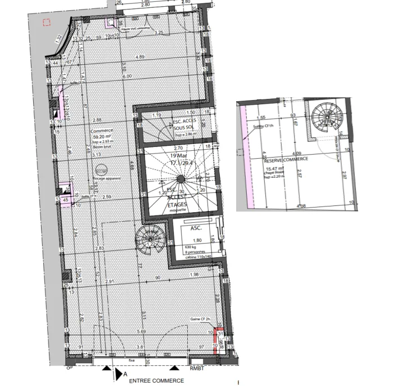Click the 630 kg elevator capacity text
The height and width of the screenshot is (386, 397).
point(191,247)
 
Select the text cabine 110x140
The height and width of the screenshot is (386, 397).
point(196,257)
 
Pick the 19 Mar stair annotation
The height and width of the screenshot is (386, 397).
point(178,158)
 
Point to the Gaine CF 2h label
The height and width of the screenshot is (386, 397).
point(200,320)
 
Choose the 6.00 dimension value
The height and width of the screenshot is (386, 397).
point(128,77)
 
